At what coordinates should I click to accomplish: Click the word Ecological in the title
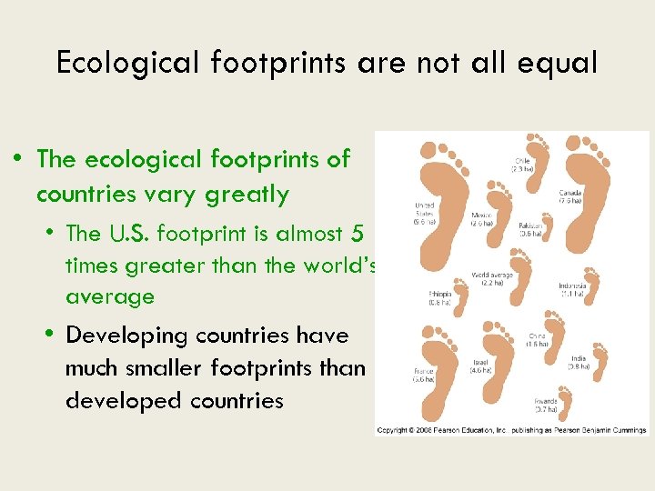128,63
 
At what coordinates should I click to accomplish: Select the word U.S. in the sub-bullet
128,234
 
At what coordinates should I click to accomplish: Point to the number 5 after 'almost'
356,234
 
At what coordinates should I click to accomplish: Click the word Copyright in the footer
394,429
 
